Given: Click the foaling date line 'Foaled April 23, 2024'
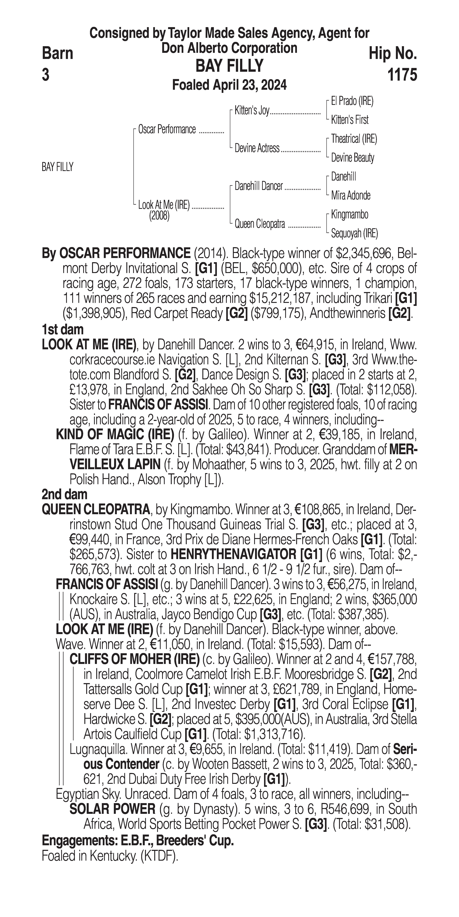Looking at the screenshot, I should click(229, 85).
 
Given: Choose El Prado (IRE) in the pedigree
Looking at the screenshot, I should click(352, 101).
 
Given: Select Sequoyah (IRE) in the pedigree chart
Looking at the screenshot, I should click(354, 233).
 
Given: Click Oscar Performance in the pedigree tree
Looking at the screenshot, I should click(167, 129).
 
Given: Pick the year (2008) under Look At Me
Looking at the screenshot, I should click(159, 216).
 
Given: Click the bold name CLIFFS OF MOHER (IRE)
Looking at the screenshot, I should click(134, 659).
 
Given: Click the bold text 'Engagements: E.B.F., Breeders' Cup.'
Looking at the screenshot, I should click(138, 841).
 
